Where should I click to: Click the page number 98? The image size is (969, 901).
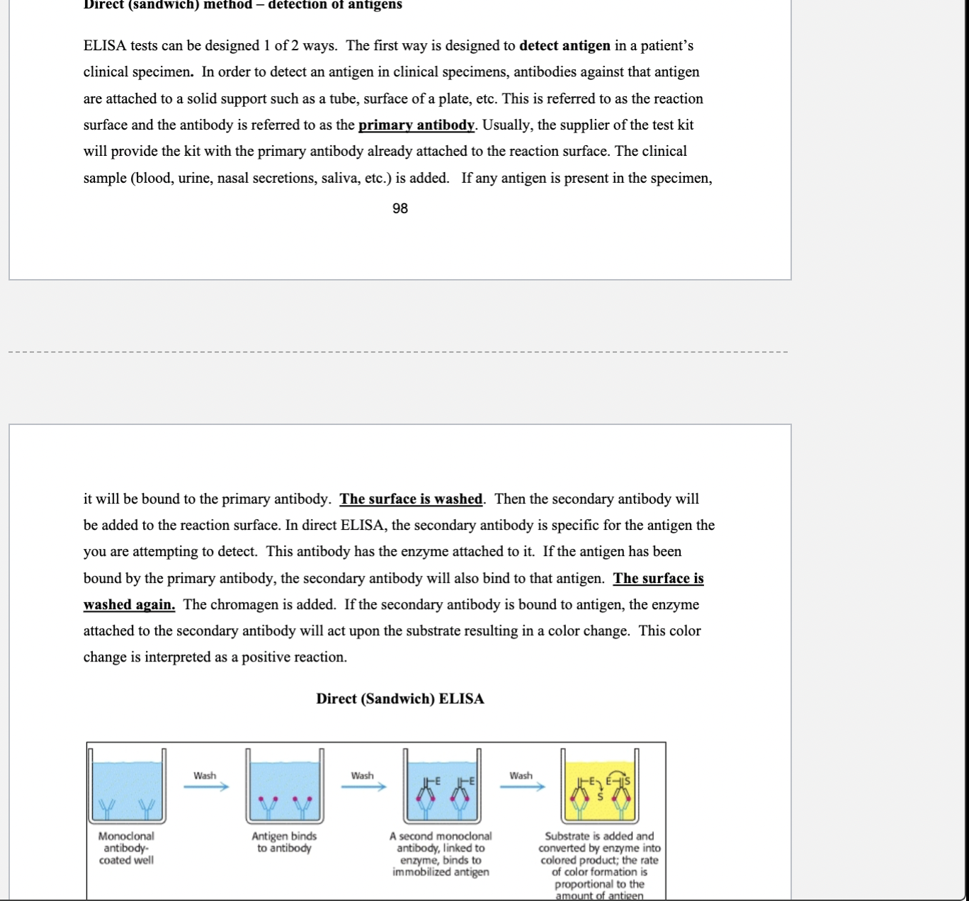pos(399,208)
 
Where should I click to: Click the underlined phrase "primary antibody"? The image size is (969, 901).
pos(416,125)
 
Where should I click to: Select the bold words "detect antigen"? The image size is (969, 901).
pos(565,46)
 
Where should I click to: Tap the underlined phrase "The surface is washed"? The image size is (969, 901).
pos(411,499)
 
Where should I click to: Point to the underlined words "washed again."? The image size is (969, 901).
pos(129,604)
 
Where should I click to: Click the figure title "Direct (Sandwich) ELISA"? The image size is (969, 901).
pos(400,698)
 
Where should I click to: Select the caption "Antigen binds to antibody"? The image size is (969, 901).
pos(284,842)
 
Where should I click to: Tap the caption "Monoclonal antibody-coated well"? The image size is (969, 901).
pos(126,848)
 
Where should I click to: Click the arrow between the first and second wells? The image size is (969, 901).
pos(206,786)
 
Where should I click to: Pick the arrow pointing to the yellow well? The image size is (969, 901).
pos(522,786)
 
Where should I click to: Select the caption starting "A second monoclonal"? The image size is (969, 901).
pos(441,854)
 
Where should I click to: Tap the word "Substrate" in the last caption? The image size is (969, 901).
pos(565,836)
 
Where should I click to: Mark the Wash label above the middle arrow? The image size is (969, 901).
pos(363,776)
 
